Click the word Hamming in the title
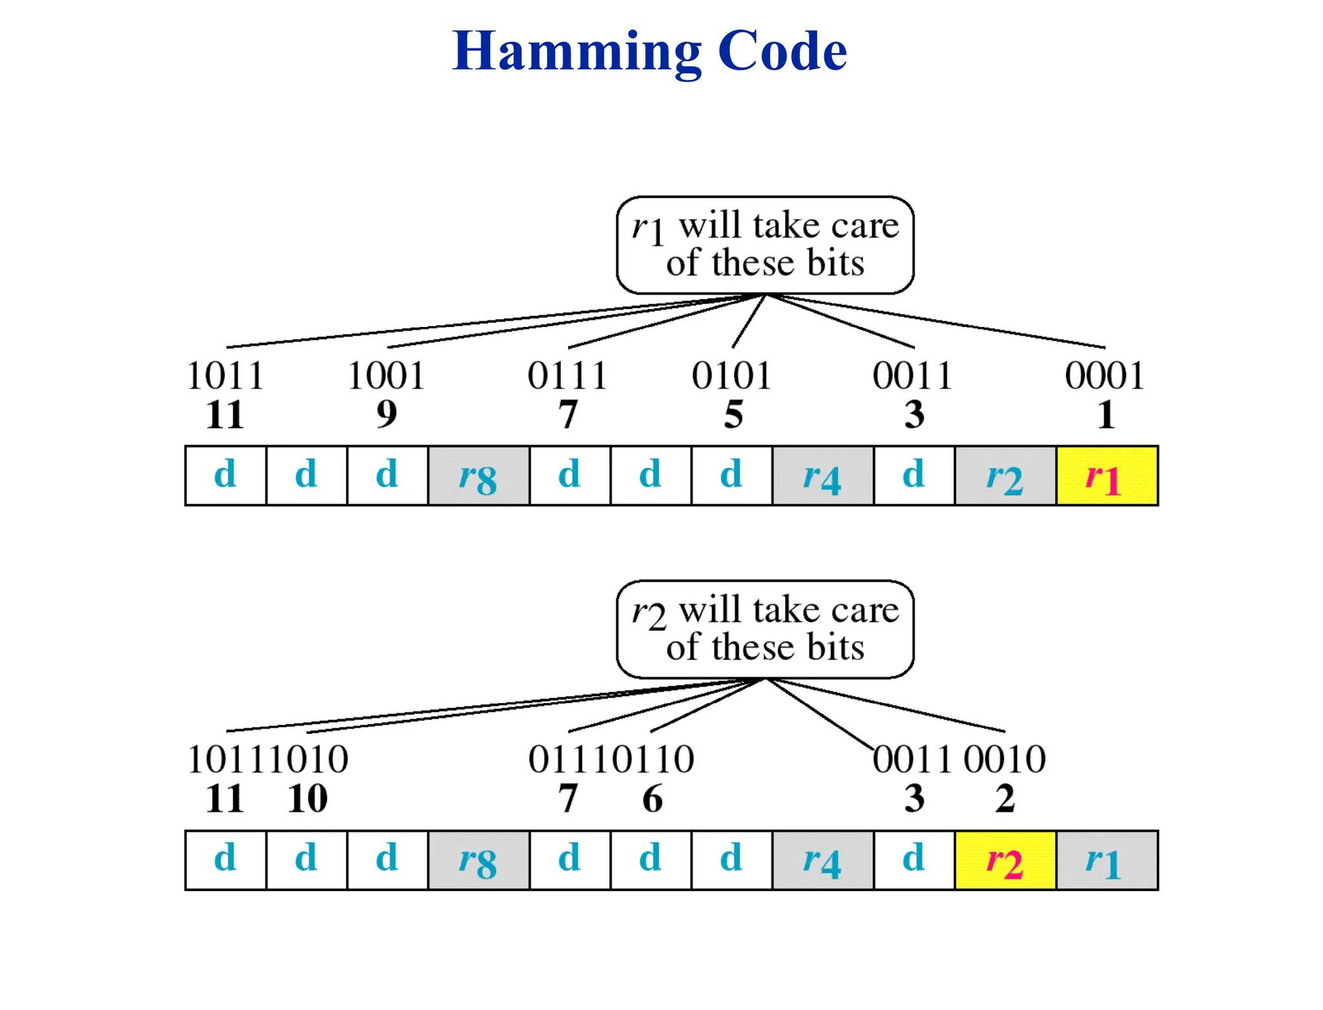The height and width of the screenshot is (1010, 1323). point(576,52)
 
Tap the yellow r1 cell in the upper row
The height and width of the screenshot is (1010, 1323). point(1107,476)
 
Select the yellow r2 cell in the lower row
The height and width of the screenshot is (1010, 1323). point(1005,860)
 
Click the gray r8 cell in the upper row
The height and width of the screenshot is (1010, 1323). point(478,476)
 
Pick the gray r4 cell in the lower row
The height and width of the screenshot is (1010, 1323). point(822,860)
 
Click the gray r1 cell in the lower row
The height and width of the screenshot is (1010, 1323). point(1107,860)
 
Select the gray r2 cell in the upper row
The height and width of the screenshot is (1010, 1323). point(1005,476)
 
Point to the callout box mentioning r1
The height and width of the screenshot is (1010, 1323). point(765,245)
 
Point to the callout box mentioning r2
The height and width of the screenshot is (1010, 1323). point(765,629)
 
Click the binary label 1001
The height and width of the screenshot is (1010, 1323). point(386,375)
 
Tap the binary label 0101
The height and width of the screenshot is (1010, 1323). point(731,375)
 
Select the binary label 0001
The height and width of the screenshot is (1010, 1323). point(1105,375)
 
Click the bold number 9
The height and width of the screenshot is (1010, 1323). point(386,414)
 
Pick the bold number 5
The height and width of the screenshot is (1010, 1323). point(733,414)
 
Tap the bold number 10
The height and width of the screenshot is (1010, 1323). point(307,799)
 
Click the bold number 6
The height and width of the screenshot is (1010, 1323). point(652,799)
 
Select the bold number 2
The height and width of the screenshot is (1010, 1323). point(1005,799)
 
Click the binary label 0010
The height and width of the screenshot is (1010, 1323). point(1005,759)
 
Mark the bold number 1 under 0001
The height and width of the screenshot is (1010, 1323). point(1106,414)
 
